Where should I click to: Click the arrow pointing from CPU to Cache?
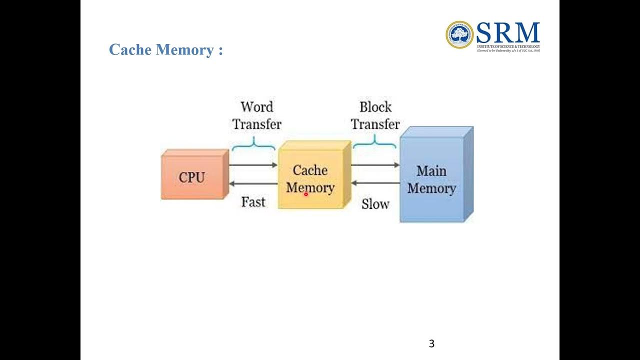pos(253,164)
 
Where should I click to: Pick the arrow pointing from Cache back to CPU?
pos(253,184)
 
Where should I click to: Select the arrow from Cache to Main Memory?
pos(375,164)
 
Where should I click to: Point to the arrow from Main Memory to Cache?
pos(375,183)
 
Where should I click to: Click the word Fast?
pos(253,202)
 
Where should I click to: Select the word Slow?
pos(375,204)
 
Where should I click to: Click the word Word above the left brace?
pos(256,107)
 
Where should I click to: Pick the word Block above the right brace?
pos(375,107)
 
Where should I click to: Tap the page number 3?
pos(431,343)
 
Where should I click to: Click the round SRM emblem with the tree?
pos(459,35)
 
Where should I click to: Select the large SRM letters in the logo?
pos(507,33)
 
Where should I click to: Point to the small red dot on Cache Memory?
pos(305,194)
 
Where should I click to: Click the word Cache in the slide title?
pos(130,50)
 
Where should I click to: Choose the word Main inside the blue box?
pos(431,171)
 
